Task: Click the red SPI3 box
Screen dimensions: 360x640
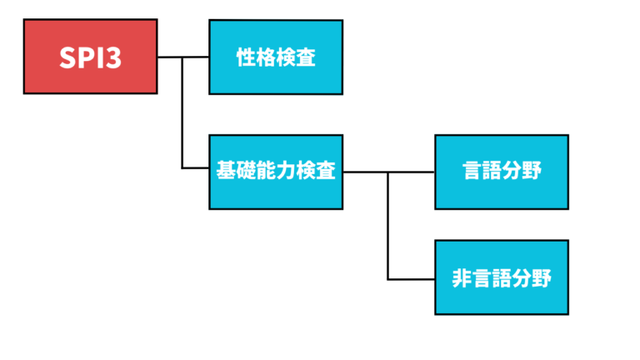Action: (x=90, y=57)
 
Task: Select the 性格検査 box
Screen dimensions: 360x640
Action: (x=275, y=57)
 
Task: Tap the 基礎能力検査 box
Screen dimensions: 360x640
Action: (x=275, y=172)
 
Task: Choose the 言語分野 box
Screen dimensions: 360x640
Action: (x=502, y=172)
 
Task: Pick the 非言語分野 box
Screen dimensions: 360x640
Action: (x=502, y=277)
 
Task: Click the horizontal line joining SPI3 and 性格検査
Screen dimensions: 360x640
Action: (x=170, y=57)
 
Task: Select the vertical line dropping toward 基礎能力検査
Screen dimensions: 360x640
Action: (x=182, y=117)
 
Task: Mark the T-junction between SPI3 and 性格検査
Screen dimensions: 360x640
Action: (x=182, y=57)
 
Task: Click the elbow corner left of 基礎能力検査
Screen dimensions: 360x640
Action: (x=182, y=168)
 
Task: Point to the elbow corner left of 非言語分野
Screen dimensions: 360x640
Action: (x=388, y=278)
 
